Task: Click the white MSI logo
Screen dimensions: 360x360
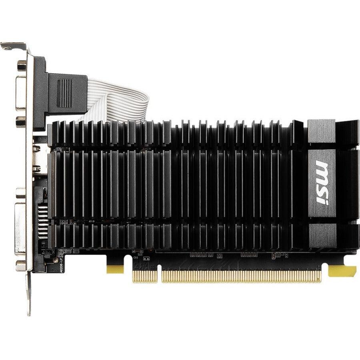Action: (x=322, y=182)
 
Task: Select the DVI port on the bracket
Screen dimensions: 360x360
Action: (x=20, y=228)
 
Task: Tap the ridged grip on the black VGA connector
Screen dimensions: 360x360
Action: (x=64, y=93)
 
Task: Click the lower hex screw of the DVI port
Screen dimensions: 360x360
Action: (x=20, y=265)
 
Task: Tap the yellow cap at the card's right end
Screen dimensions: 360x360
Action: (x=342, y=271)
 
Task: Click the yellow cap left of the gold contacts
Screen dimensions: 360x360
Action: (x=115, y=269)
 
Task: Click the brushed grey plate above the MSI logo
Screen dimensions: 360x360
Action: (x=321, y=131)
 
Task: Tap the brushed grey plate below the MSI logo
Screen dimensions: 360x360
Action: (x=322, y=236)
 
